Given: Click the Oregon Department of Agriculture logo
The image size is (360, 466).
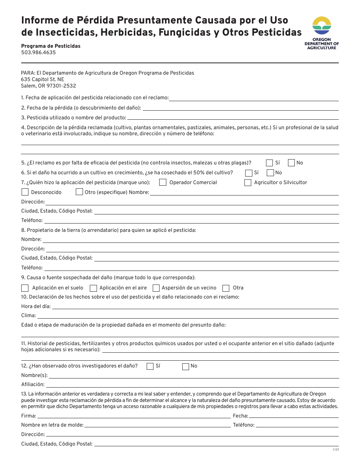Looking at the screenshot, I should tap(321, 33).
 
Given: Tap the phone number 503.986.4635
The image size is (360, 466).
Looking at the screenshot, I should tap(38, 53).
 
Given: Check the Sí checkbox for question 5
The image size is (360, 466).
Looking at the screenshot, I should tap(269, 163).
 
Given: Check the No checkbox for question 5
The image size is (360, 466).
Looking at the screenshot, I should tap(291, 163).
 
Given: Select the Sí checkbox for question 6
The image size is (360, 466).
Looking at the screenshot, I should tap(249, 173).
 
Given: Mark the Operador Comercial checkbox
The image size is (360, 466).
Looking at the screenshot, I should tap(163, 182).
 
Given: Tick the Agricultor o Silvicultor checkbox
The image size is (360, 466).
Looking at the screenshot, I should tap(248, 183).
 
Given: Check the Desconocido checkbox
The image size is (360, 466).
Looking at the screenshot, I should tap(25, 192).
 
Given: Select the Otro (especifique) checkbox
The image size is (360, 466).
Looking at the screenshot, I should tap(79, 192).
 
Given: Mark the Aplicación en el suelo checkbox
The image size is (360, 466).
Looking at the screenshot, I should tap(25, 288).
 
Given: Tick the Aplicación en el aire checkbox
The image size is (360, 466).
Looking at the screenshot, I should tap(93, 288).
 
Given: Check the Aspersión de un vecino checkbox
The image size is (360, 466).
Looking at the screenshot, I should tap(156, 288).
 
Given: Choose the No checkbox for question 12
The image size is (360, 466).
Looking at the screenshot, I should tap(186, 366).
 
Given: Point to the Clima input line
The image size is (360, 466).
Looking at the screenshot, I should tap(188, 316).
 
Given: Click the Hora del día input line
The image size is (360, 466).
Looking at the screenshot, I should tap(195, 306).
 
